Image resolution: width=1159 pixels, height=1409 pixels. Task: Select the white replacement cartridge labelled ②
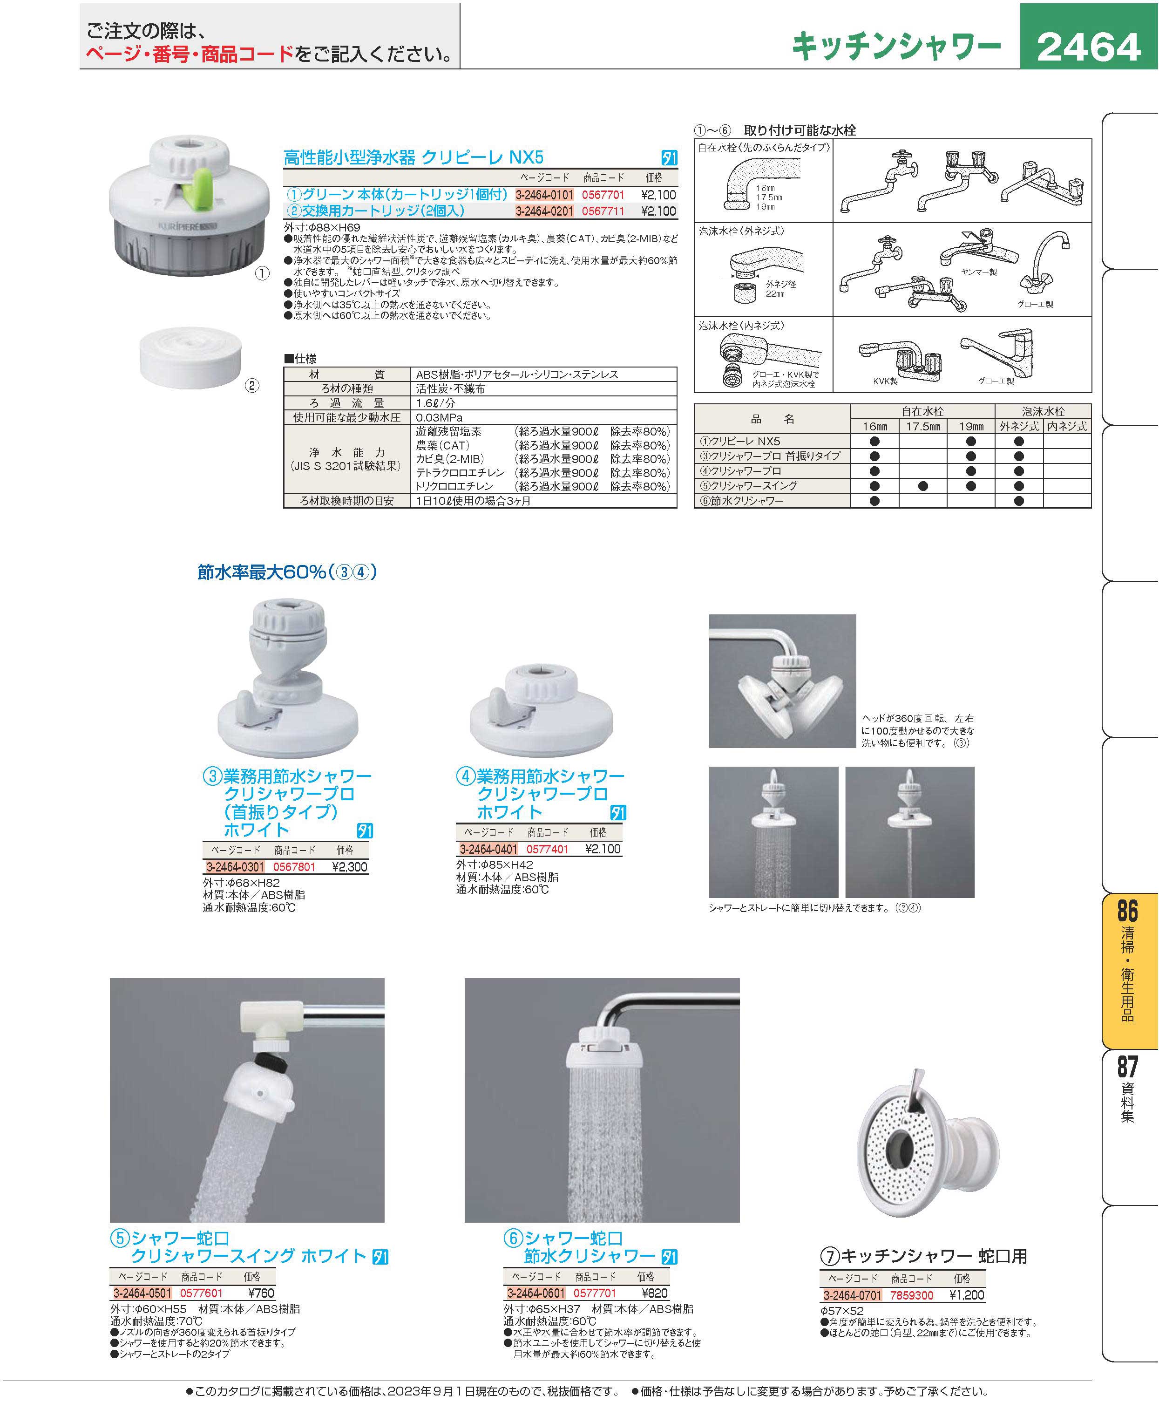point(191,357)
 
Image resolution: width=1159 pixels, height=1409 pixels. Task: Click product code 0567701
point(603,195)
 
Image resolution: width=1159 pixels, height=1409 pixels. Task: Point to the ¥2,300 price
point(349,867)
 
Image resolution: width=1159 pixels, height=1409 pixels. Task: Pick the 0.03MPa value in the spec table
point(439,417)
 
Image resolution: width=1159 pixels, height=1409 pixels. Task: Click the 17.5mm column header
point(922,426)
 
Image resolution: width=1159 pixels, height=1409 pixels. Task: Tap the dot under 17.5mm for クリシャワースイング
point(922,486)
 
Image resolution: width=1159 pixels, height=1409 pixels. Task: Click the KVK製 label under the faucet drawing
point(885,381)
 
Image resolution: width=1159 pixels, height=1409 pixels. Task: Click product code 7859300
point(911,1295)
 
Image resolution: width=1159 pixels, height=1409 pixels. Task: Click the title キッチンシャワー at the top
point(896,47)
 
